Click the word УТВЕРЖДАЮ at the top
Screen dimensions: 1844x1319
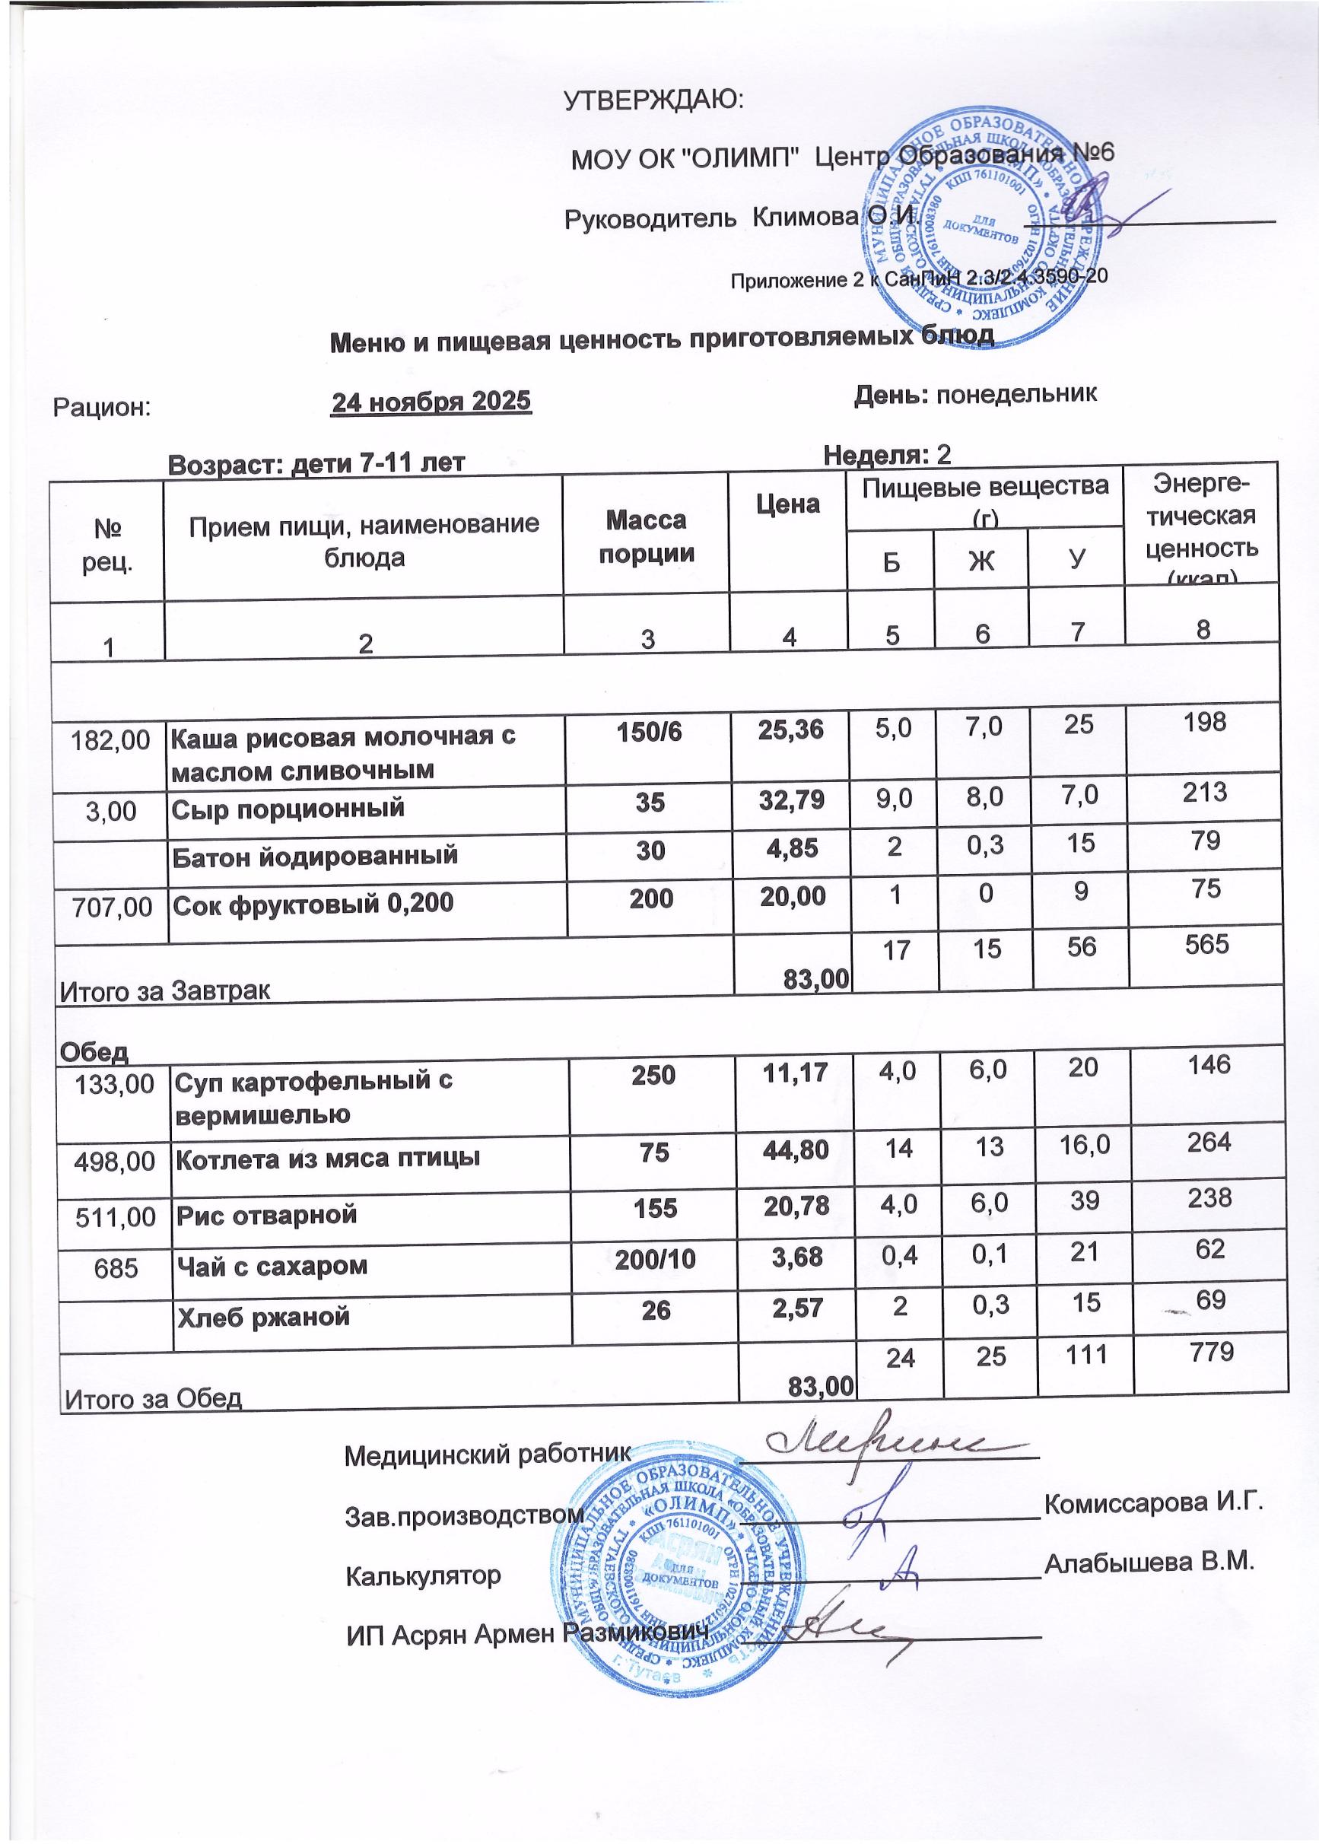[x=654, y=100]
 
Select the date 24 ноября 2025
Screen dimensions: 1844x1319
[x=431, y=402]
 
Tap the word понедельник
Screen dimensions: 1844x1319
[x=1017, y=394]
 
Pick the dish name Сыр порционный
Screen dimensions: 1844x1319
[x=288, y=809]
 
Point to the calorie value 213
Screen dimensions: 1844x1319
[x=1204, y=792]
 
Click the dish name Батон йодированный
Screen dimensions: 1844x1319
[x=314, y=855]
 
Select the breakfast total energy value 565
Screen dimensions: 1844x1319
[x=1206, y=945]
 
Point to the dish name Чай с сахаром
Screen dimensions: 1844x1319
[x=272, y=1267]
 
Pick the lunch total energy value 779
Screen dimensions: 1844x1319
[x=1209, y=1352]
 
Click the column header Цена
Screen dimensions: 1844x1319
[x=788, y=504]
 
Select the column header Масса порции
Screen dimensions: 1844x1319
[x=647, y=536]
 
